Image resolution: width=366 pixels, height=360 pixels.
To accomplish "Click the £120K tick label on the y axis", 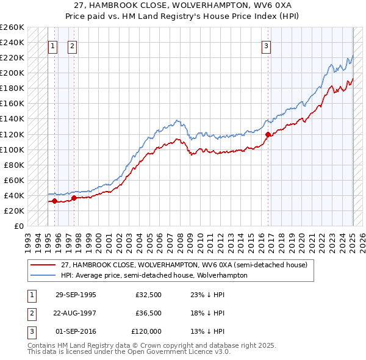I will [x=12, y=134].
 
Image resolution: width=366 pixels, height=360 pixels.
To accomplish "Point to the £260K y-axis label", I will [x=12, y=27].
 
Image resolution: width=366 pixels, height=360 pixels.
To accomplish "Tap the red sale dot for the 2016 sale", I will [x=268, y=134].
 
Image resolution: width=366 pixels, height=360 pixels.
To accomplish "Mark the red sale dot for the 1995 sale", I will [x=55, y=201].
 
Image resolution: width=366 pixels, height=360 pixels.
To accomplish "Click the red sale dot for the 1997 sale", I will [x=74, y=198].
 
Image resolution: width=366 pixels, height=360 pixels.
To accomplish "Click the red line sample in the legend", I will [x=43, y=265].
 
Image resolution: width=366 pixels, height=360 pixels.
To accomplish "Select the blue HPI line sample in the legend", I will [x=43, y=275].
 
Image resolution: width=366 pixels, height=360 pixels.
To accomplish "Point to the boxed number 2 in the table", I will [x=31, y=313].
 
